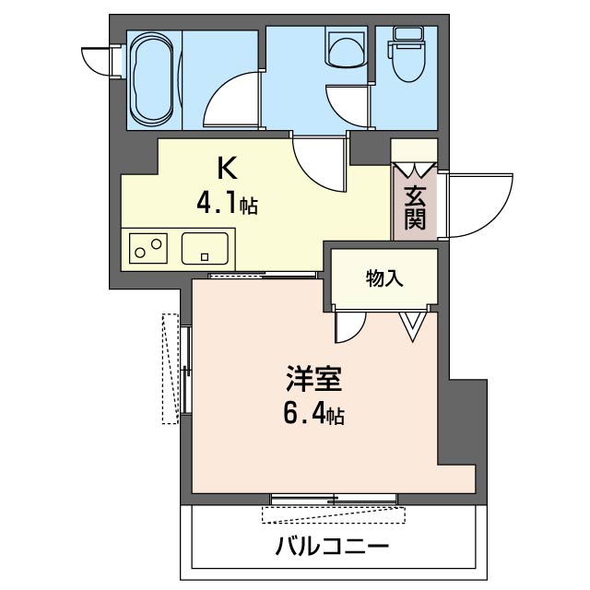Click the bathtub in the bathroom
[x=150, y=81]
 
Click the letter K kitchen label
[x=227, y=169]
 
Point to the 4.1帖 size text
[x=227, y=203]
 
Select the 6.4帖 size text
[x=313, y=414]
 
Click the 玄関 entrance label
[x=415, y=207]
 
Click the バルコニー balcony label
[x=332, y=547]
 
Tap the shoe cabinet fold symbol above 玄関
[x=414, y=170]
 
